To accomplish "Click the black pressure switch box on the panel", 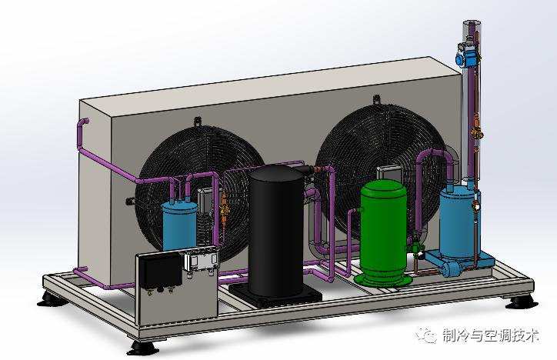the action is [160, 271].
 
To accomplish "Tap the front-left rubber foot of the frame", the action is [143, 348].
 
